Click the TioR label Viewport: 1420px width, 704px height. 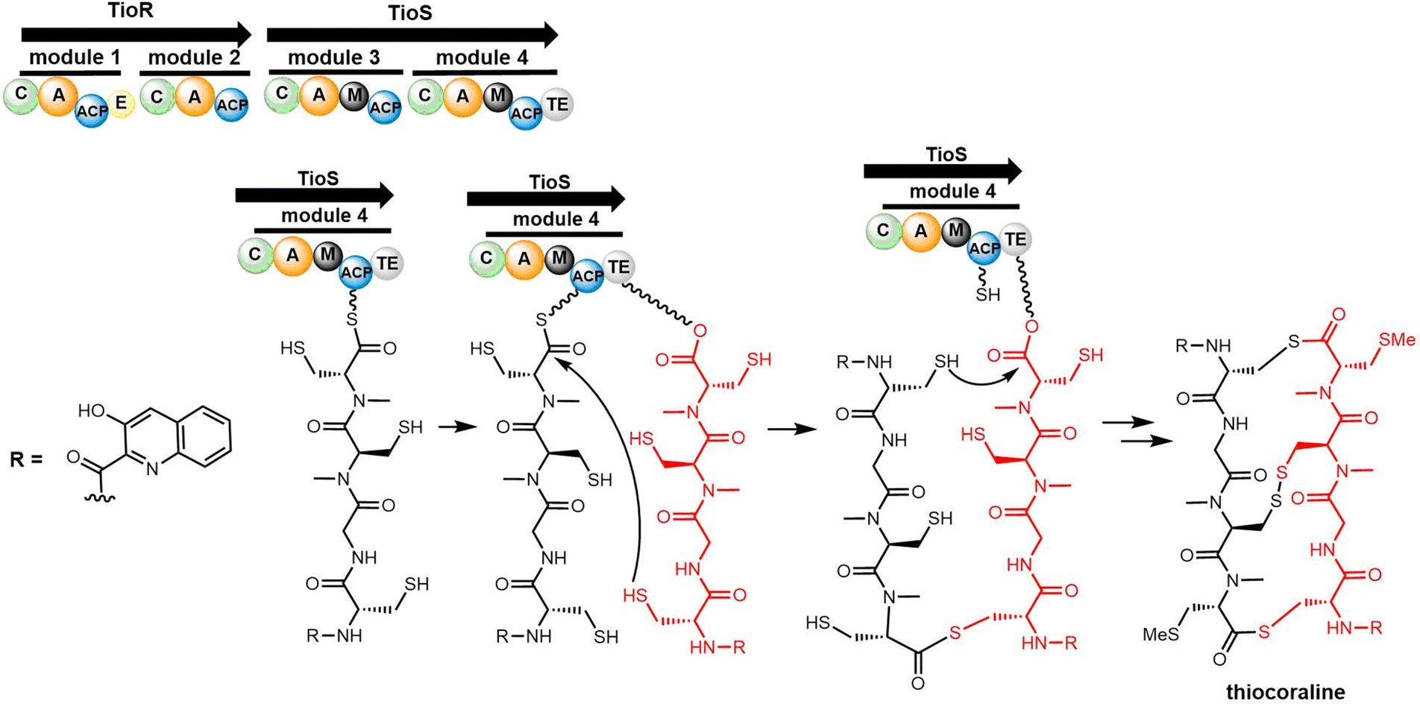(x=131, y=10)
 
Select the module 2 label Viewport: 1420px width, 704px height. (x=194, y=57)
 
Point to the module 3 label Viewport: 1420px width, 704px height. (x=333, y=57)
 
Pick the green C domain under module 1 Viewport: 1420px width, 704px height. (x=21, y=95)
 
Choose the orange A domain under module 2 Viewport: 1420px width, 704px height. (x=195, y=97)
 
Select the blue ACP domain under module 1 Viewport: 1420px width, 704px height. (x=92, y=111)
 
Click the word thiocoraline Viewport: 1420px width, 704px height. (x=1286, y=691)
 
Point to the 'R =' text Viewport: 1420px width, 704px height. (x=26, y=459)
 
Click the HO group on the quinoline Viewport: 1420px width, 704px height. (x=92, y=411)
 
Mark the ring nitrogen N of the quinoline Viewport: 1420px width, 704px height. (x=152, y=469)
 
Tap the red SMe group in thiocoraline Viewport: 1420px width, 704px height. (x=1397, y=340)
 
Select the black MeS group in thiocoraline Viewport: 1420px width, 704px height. (x=1161, y=635)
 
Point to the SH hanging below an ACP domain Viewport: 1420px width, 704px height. (x=987, y=295)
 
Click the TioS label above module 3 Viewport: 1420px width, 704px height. (x=409, y=13)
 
